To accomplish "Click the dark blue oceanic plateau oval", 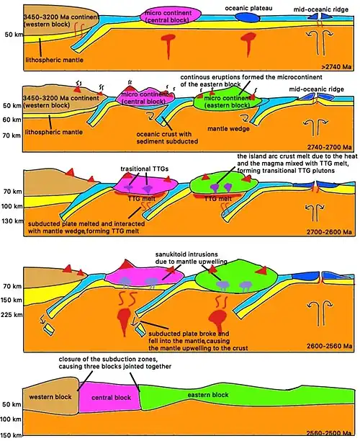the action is coord(247,17).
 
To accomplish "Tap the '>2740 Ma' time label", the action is coord(337,67).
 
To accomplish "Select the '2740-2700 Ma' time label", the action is coord(329,147).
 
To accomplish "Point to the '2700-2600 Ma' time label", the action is coord(329,232).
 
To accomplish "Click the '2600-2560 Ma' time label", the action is coord(329,346).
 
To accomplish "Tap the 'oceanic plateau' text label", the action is coord(248,8).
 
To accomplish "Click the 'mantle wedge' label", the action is coord(228,129).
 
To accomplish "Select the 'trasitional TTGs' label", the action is coord(144,169).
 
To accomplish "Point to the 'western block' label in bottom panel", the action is coord(50,397).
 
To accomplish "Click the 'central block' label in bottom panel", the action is coord(112,398).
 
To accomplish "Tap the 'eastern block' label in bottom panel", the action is coord(208,395).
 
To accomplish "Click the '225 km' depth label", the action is coord(12,315).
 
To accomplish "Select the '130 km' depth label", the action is coord(12,221).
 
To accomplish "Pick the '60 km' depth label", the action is coord(12,120).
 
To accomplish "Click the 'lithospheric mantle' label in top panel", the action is coord(54,60).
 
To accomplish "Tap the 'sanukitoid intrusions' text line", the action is coord(186,254).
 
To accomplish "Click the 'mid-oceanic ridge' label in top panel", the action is coord(321,9).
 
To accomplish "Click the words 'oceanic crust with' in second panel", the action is coord(164,134).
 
